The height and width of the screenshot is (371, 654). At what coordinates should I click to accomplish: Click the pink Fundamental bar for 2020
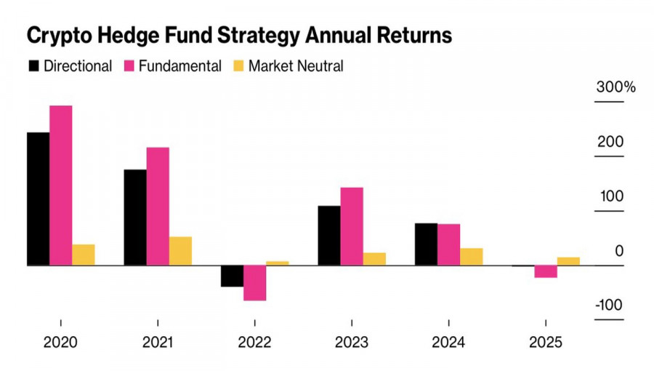pos(61,185)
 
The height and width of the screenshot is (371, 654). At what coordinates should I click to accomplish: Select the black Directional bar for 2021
pos(135,218)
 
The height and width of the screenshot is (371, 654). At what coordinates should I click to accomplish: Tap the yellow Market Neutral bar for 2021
pos(180,251)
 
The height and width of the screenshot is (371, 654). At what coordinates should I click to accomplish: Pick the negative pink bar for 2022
pos(254,283)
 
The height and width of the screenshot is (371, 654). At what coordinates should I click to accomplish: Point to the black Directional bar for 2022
pos(232,276)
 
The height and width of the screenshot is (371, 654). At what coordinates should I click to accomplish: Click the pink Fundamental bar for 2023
pos(352,226)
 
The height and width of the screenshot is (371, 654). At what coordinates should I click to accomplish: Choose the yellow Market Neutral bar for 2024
pos(471,257)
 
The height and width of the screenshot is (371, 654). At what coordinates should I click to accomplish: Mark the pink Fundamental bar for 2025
pos(546,271)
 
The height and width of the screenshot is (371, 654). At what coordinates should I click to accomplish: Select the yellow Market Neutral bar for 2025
pos(568,261)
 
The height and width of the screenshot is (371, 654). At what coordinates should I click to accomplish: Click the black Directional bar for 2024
pos(426,244)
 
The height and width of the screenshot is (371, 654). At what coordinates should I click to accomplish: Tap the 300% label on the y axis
pos(615,88)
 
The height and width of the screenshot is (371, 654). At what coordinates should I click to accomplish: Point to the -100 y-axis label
pos(608,305)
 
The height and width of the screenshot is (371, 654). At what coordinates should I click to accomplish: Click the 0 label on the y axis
pos(619,251)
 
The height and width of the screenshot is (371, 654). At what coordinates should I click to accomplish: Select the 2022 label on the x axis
pos(254,343)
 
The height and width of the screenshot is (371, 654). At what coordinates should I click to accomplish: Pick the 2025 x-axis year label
pos(546,343)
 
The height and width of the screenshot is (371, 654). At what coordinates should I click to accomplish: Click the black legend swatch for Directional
pos(33,66)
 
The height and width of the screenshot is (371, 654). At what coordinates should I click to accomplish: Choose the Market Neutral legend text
pos(296,66)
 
